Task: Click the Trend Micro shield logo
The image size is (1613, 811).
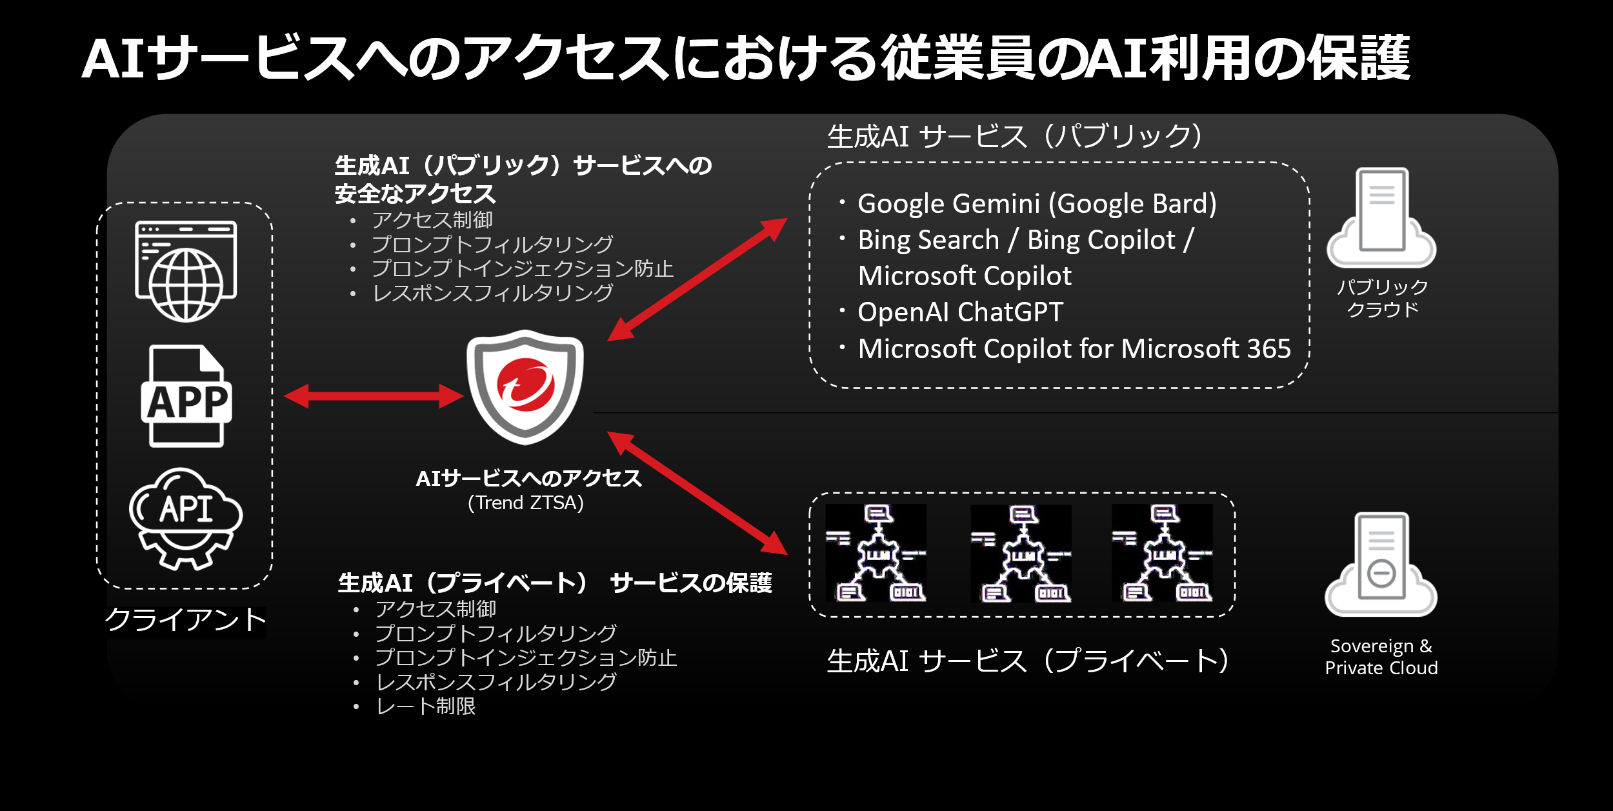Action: coord(525,386)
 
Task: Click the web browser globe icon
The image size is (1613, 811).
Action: coord(186,271)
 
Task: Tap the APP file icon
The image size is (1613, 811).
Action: coord(186,396)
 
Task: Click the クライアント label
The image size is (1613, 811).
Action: coord(186,620)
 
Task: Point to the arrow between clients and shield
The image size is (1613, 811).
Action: coord(374,395)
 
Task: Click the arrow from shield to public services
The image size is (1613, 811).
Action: coord(697,279)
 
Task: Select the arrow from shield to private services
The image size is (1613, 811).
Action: coord(697,493)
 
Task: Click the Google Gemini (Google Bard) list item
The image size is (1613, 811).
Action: coord(1036,204)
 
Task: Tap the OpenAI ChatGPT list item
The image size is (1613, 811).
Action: coord(959,312)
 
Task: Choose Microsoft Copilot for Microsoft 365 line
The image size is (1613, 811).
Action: coord(1074,349)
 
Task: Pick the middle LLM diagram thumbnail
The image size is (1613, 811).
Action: coord(1021,554)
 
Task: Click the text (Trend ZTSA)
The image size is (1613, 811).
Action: coord(525,503)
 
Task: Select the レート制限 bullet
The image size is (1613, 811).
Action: coord(425,706)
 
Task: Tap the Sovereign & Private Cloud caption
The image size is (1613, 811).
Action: coord(1381,657)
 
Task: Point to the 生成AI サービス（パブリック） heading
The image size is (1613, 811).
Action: coord(1014,136)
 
